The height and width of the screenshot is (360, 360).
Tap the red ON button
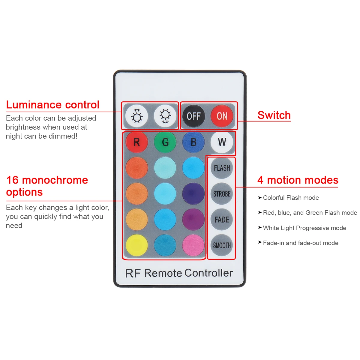point(222,116)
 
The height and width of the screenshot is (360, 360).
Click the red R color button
point(137,142)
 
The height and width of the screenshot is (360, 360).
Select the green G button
point(165,142)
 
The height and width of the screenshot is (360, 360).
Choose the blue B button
point(193,142)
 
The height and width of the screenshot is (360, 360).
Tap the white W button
point(222,142)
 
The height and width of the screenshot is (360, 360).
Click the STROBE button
point(222,194)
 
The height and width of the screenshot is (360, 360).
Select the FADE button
point(222,220)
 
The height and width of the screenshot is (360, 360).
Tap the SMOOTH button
point(222,245)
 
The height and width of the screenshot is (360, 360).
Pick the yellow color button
point(137,245)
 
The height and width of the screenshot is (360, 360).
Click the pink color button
point(193,245)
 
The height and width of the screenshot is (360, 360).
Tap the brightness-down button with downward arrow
point(165,116)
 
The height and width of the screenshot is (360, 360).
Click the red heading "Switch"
point(274,115)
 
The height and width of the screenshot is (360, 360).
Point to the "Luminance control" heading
point(53,105)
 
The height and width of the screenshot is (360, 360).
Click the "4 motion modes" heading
point(298,180)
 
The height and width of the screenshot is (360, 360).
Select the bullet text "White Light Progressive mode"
point(304,228)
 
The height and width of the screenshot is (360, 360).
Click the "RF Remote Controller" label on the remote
point(179,273)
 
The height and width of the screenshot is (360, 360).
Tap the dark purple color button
point(193,194)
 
